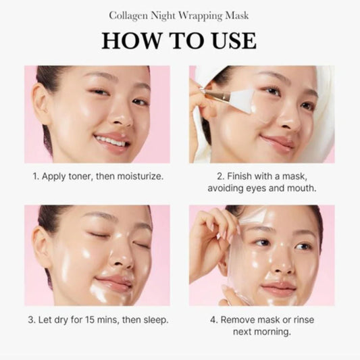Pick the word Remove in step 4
(238, 319)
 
